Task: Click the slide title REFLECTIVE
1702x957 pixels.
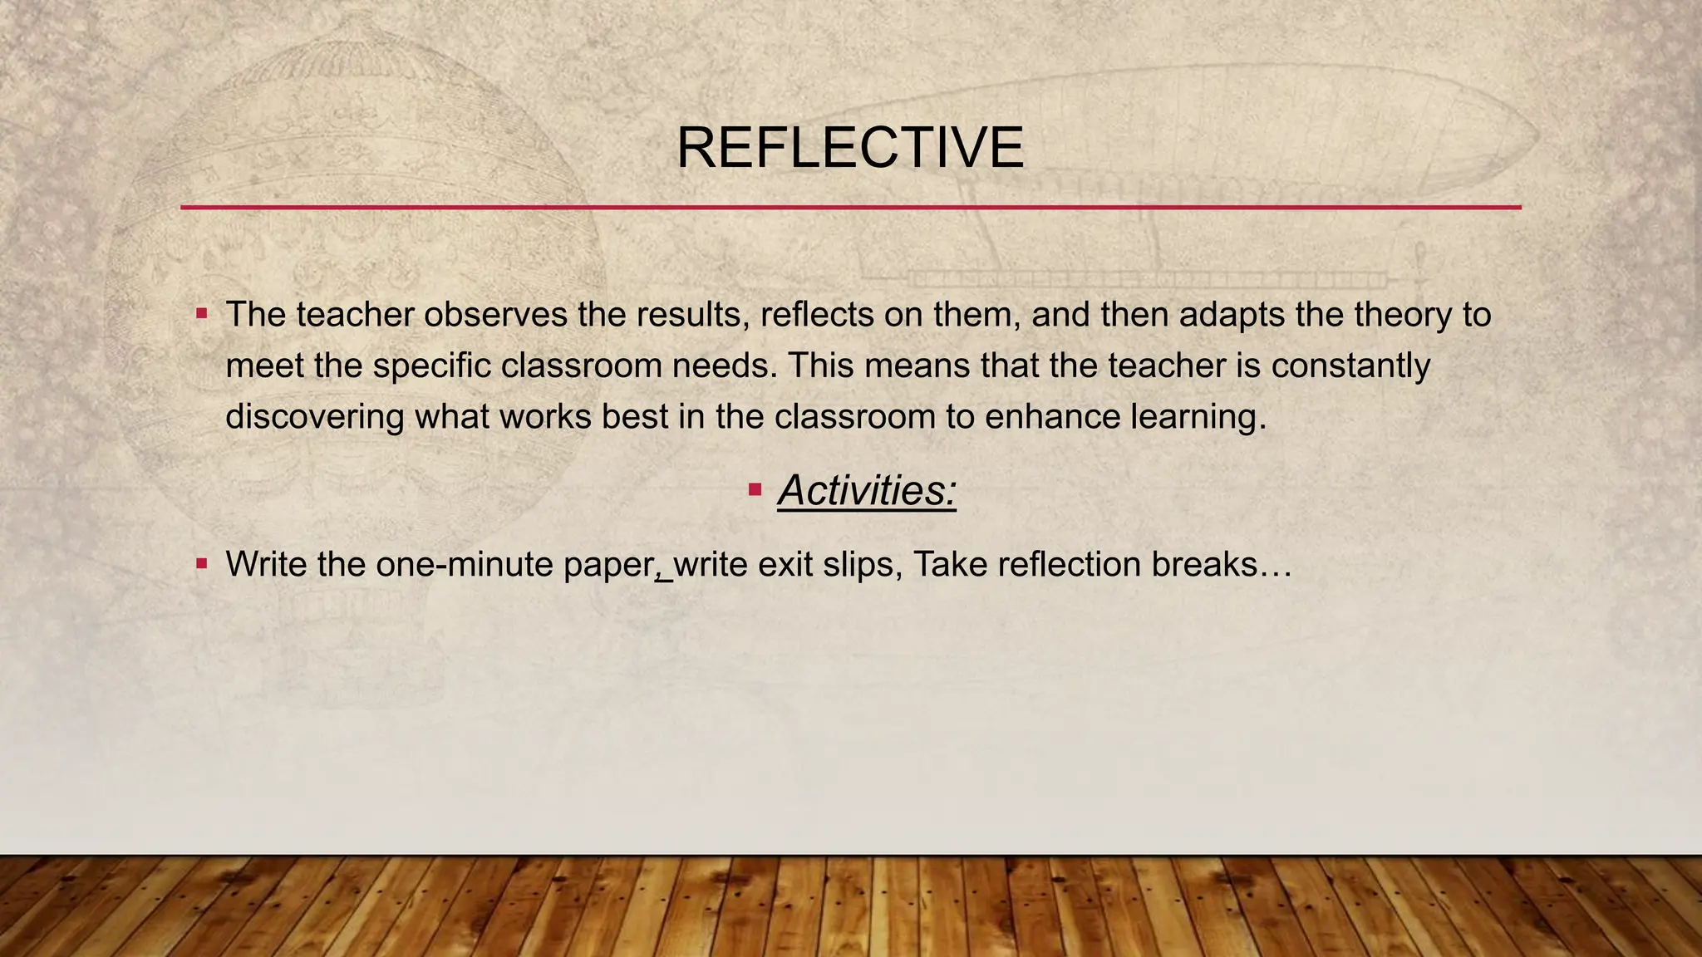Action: coord(850,149)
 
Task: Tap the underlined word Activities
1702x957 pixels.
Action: coord(867,489)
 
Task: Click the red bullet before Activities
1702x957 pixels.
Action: coord(755,489)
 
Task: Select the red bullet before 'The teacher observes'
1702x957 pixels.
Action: coord(201,314)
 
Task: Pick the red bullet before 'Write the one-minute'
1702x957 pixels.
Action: coord(201,564)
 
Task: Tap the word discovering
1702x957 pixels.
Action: coord(315,416)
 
